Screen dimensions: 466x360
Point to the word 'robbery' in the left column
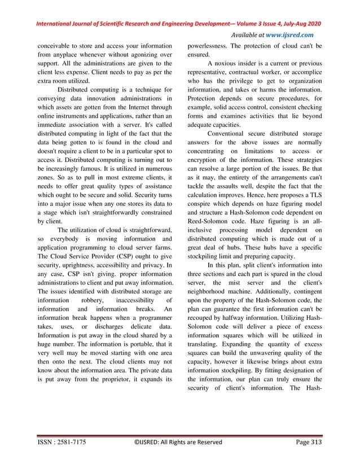click(x=93, y=297)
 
